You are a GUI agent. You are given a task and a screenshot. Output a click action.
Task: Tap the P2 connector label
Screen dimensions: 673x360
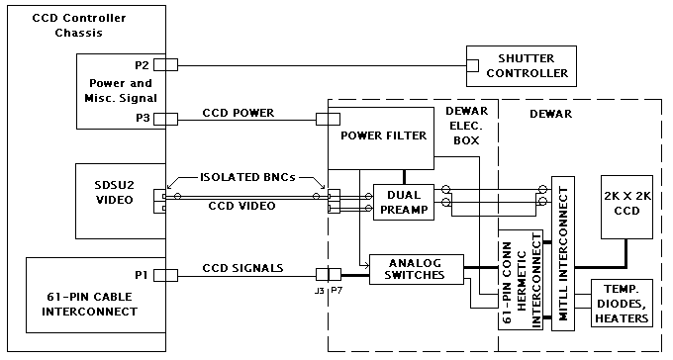point(142,65)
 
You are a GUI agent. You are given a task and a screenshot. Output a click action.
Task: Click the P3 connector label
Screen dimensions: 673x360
point(143,118)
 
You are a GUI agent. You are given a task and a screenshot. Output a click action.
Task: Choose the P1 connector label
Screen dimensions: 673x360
point(142,275)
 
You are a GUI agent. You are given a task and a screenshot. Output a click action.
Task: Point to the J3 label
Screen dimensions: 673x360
point(319,291)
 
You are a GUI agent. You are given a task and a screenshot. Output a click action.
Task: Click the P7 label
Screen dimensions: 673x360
point(336,291)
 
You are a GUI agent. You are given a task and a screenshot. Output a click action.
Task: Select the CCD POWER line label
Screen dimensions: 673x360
point(239,113)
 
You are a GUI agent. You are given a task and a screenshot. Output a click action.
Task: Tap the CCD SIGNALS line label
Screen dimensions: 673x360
point(242,268)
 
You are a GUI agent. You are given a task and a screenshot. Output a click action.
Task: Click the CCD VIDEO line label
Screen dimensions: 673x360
point(241,206)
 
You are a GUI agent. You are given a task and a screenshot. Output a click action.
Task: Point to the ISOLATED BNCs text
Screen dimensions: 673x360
point(247,177)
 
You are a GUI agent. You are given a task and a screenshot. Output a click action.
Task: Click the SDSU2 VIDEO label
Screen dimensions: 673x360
point(115,192)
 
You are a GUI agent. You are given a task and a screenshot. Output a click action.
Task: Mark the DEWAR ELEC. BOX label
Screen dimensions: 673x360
point(466,126)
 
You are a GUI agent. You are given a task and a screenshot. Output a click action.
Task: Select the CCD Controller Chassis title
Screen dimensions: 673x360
point(79,26)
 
